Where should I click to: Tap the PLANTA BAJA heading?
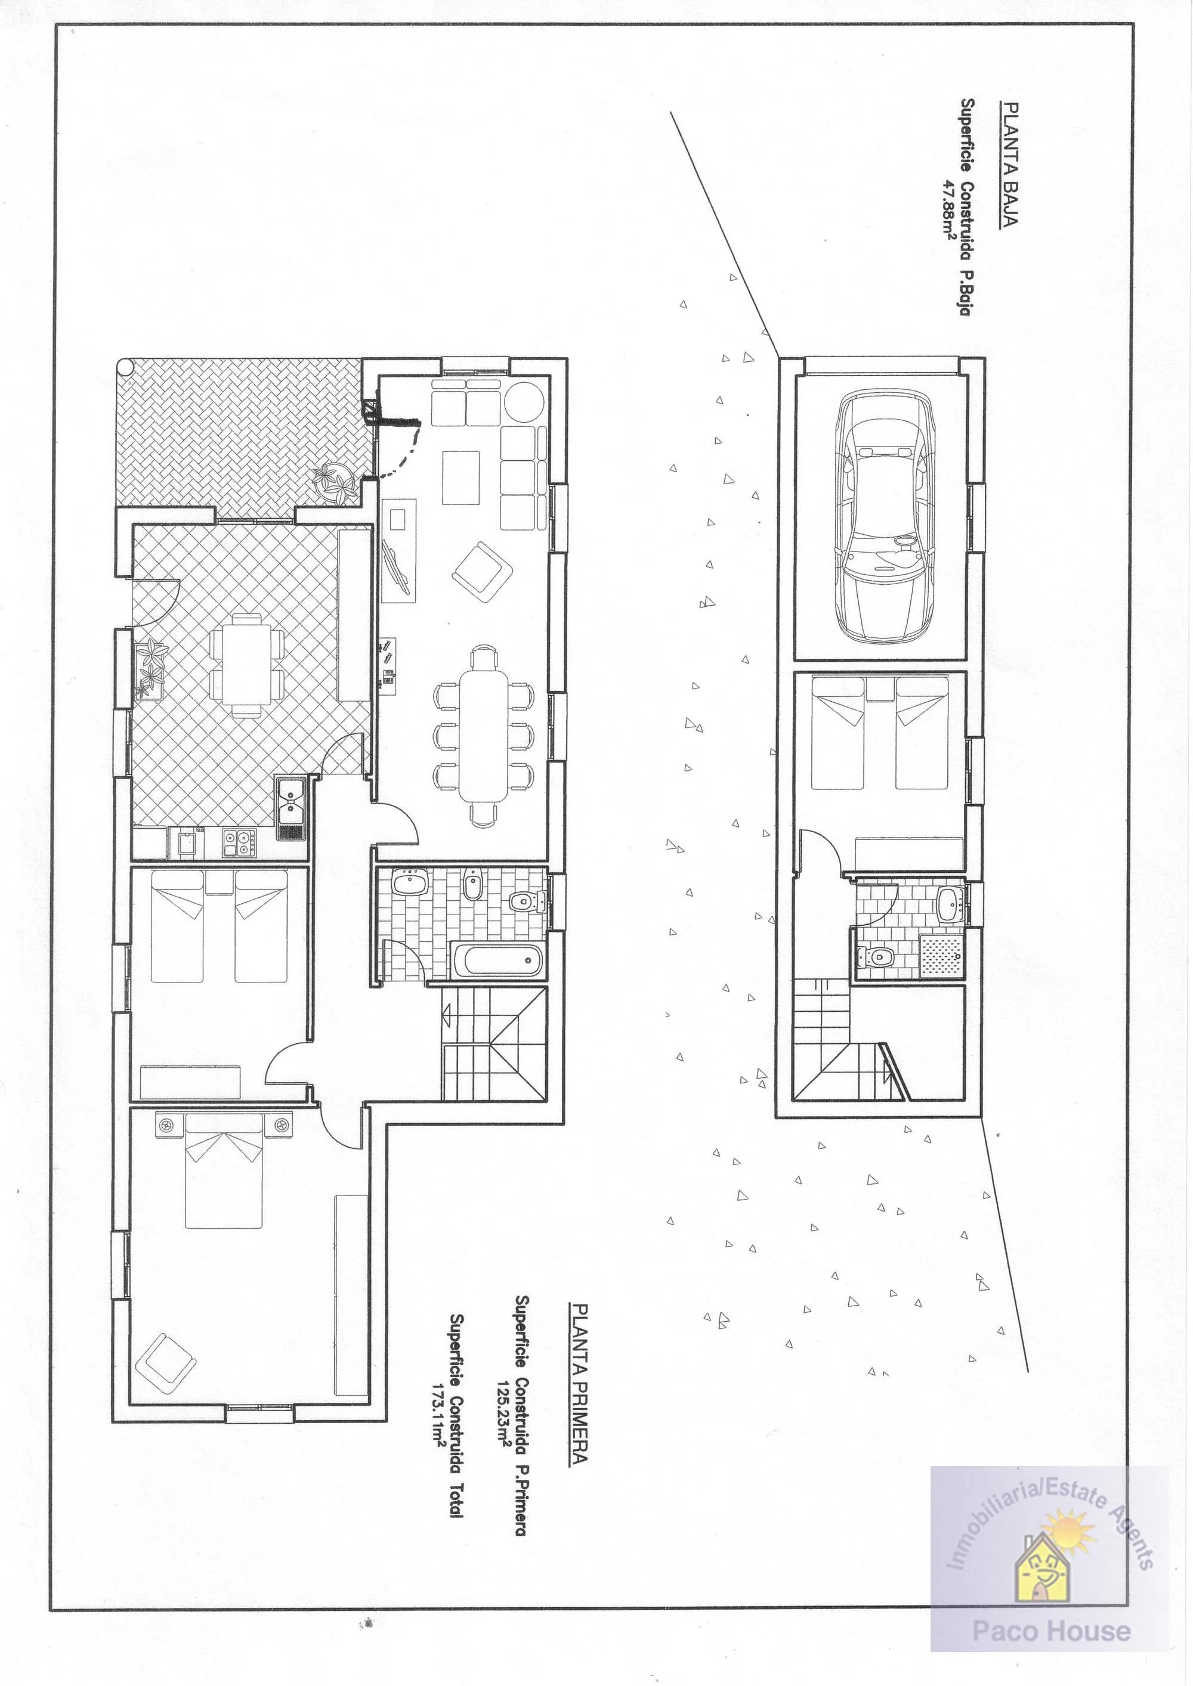tap(1009, 164)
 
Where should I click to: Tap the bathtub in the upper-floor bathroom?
tap(498, 961)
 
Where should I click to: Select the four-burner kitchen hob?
tap(239, 842)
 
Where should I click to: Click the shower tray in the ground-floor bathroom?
tap(940, 957)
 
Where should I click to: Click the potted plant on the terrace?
tap(336, 482)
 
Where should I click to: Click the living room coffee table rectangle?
tap(460, 478)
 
